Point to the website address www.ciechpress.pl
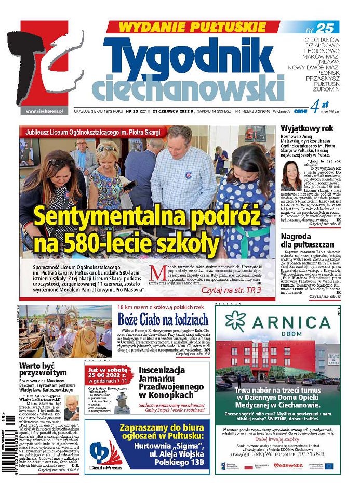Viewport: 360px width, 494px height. coord(44,111)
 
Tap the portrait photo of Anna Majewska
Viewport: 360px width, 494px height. coord(291,175)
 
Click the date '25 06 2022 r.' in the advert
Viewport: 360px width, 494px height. coord(110,375)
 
